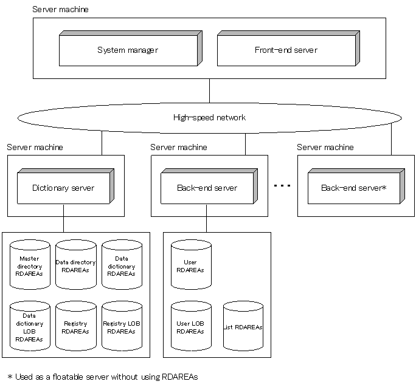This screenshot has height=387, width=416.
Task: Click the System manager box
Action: pyautogui.click(x=128, y=50)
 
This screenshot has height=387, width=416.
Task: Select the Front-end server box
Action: pyautogui.click(x=286, y=50)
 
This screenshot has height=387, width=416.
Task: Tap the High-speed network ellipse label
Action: pyautogui.click(x=209, y=117)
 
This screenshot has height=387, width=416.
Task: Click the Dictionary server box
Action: pyautogui.click(x=63, y=188)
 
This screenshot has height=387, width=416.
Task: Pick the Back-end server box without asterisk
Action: pyautogui.click(x=207, y=188)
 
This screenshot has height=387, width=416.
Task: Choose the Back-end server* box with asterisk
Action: pyautogui.click(x=353, y=188)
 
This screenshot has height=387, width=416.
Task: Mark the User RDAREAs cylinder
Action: pyautogui.click(x=190, y=265)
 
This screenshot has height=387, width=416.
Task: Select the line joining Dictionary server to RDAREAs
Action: pyautogui.click(x=63, y=218)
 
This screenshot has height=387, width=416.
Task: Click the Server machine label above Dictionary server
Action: pyautogui.click(x=35, y=148)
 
